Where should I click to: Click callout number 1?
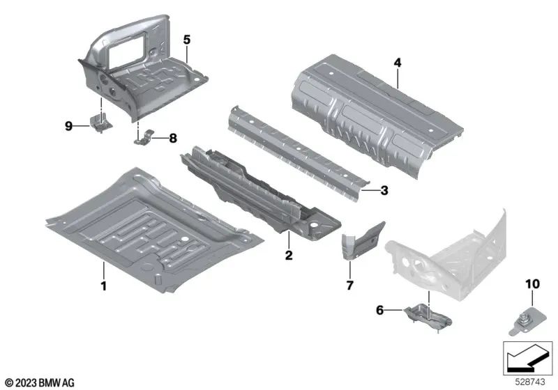click(103, 286)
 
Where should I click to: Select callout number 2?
click(287, 256)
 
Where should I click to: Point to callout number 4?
click(397, 63)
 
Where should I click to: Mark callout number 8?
click(174, 139)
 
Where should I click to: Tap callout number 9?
click(69, 125)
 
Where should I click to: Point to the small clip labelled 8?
click(143, 136)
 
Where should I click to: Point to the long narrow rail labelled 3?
click(293, 143)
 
